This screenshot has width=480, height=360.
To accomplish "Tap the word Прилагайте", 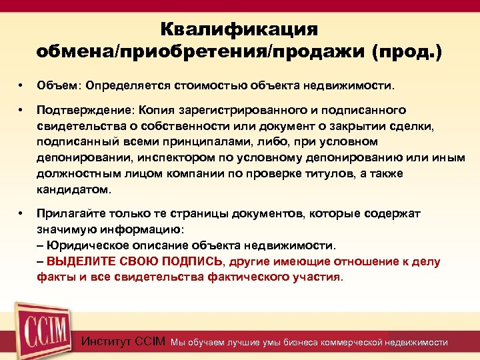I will pos(70,214).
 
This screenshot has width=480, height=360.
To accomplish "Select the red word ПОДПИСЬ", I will pos(192,262).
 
